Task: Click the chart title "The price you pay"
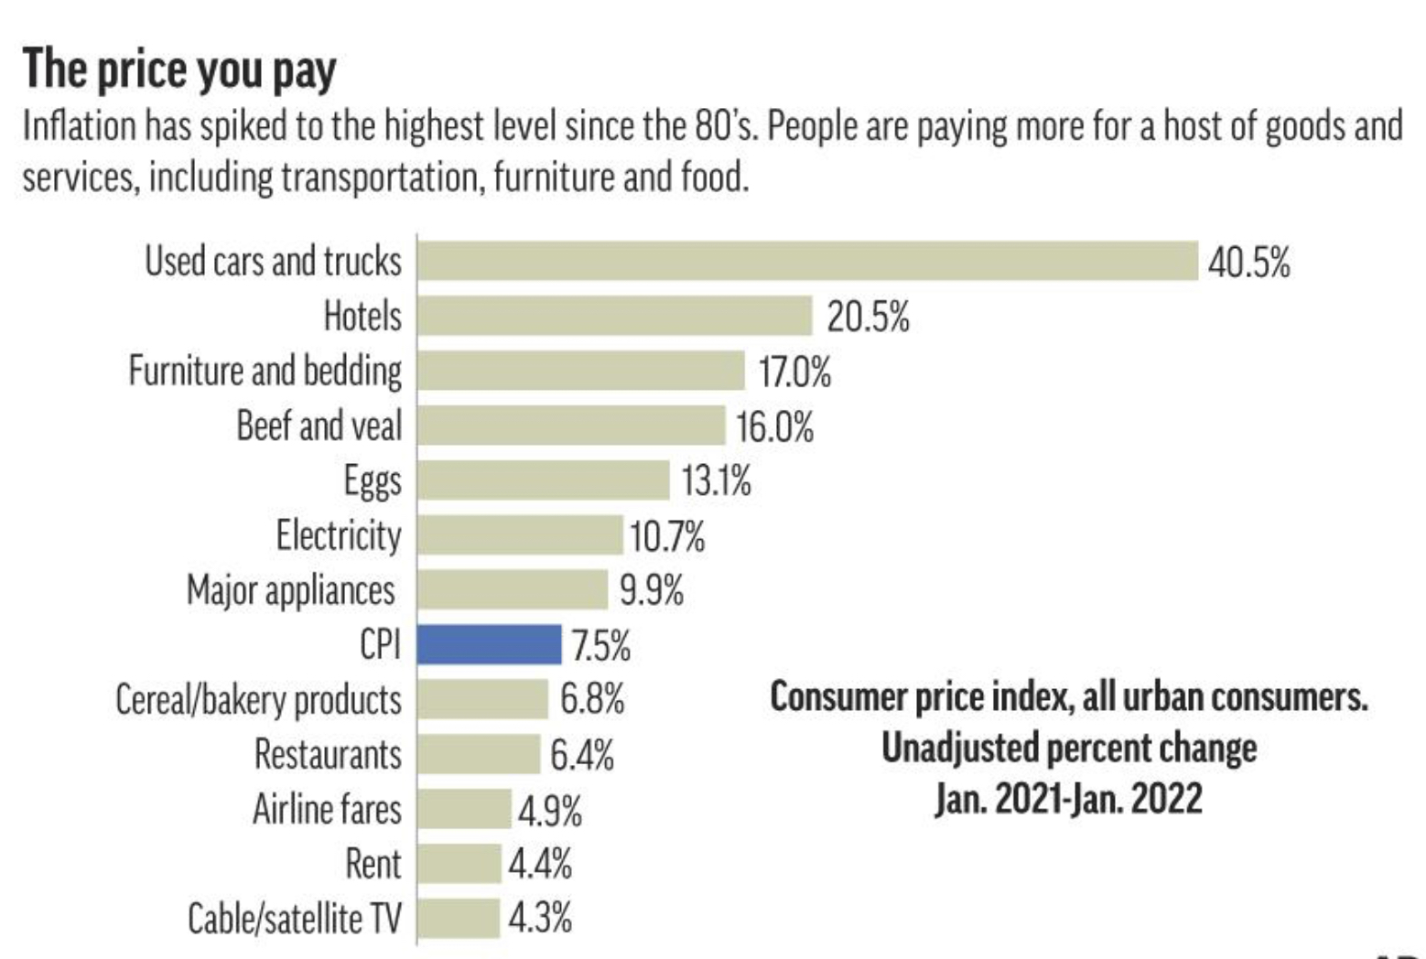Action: pyautogui.click(x=179, y=70)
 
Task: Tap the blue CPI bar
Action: pyautogui.click(x=489, y=644)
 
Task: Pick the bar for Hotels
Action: pyautogui.click(x=614, y=316)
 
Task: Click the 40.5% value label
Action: pyautogui.click(x=1248, y=263)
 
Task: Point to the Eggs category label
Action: pyautogui.click(x=372, y=480)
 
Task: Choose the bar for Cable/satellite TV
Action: pyautogui.click(x=459, y=918)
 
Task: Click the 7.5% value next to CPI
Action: pyautogui.click(x=601, y=646)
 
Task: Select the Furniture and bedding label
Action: pyautogui.click(x=265, y=371)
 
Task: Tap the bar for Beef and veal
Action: pyautogui.click(x=571, y=426)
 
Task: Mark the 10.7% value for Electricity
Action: pyautogui.click(x=667, y=536)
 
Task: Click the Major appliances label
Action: pyautogui.click(x=291, y=590)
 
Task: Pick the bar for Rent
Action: pyautogui.click(x=459, y=863)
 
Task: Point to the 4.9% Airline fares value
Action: pyautogui.click(x=550, y=811)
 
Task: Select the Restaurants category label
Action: pyautogui.click(x=328, y=754)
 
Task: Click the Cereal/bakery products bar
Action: pyautogui.click(x=482, y=699)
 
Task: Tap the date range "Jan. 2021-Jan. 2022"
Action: pyautogui.click(x=1068, y=798)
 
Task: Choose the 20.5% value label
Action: pyautogui.click(x=868, y=318)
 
